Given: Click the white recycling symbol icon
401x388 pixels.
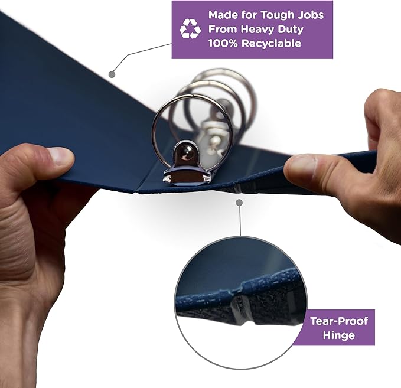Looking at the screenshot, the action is (190, 29).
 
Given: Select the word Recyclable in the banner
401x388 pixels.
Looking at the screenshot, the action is (271, 43).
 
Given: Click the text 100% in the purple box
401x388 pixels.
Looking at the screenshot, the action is (223, 43).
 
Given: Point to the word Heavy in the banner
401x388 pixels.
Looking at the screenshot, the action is (257, 29).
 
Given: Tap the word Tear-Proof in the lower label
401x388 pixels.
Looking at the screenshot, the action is (339, 321).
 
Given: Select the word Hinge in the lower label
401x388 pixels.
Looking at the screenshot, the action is (339, 335).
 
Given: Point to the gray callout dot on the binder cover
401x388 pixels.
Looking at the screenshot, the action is (112, 74).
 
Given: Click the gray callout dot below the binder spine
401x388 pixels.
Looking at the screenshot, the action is (239, 203).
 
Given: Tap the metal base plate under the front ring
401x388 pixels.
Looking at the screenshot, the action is (187, 177).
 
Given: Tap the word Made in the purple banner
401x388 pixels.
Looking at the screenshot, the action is (223, 15).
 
